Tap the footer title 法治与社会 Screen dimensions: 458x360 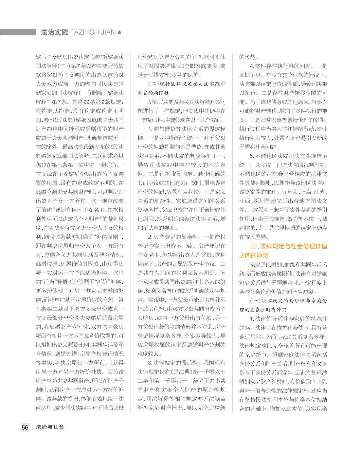(x=50, y=427)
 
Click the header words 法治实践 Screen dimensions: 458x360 (x=54, y=32)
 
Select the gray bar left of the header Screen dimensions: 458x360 (x=18, y=32)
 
